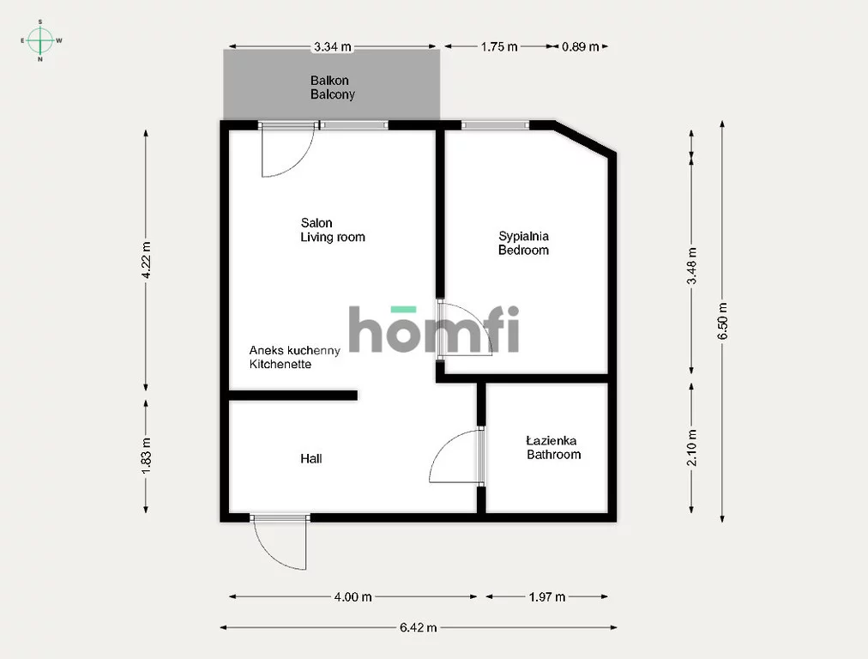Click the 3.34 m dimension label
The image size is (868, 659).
click(x=333, y=46)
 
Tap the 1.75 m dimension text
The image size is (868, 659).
click(x=499, y=46)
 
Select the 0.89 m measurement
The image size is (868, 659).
click(x=580, y=46)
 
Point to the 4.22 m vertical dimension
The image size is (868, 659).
click(x=146, y=260)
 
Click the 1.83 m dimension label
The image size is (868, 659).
click(x=146, y=456)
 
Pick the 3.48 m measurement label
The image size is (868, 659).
click(x=692, y=266)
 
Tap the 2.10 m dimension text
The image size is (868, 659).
click(x=692, y=447)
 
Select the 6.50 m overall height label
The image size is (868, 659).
click(x=723, y=321)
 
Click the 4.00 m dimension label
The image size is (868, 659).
click(x=353, y=597)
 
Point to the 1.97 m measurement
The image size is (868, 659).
click(x=547, y=597)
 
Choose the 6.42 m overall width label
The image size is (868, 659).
click(x=418, y=627)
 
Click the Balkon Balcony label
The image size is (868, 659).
click(x=332, y=88)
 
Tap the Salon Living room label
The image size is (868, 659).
click(x=333, y=230)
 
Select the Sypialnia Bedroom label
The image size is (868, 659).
click(x=524, y=243)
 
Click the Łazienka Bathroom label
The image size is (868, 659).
click(x=553, y=447)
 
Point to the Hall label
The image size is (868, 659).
click(x=311, y=458)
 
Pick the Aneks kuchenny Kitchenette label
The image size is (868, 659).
click(x=294, y=357)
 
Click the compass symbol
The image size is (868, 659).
click(x=40, y=40)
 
